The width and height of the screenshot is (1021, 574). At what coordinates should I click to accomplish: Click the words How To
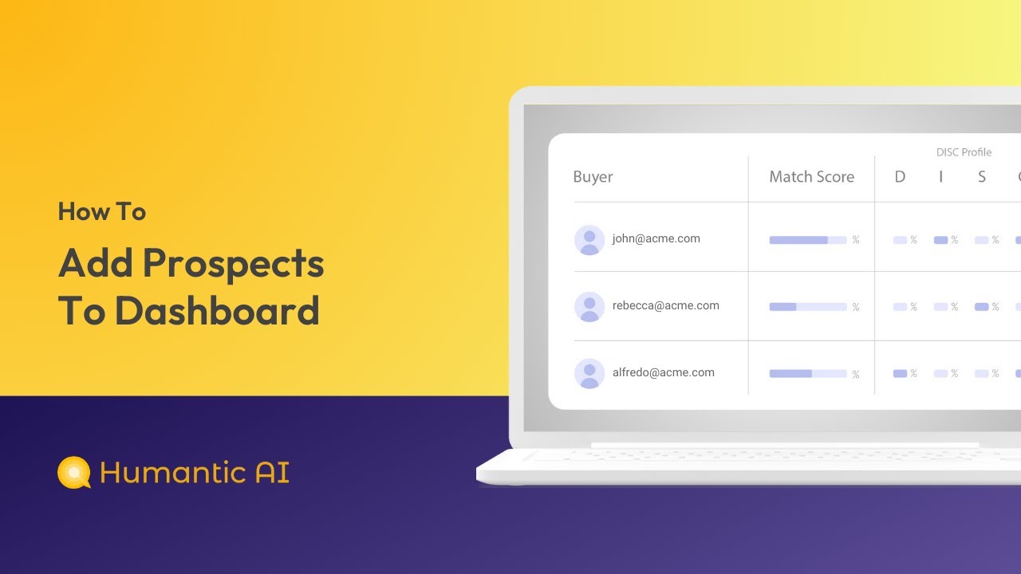point(101,211)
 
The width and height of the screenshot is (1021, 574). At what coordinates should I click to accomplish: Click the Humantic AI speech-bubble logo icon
point(74,472)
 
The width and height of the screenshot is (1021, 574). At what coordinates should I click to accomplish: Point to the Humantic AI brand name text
point(194,472)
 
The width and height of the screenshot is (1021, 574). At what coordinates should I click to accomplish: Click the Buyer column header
point(593,177)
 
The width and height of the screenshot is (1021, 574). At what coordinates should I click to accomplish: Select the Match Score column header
point(811,177)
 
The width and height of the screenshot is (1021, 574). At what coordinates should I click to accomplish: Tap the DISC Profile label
point(964,152)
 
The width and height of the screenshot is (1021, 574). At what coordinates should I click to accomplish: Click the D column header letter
point(900,177)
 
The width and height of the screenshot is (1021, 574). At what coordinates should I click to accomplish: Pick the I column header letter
point(940,177)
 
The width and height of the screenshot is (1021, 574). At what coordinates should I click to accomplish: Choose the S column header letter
point(982,177)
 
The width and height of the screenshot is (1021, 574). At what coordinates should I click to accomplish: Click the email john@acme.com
point(656,238)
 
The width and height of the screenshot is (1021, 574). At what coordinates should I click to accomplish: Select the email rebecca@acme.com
point(665,305)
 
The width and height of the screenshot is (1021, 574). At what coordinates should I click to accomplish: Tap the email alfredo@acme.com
point(663,372)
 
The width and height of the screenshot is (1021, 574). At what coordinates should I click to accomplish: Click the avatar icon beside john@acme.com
point(589,240)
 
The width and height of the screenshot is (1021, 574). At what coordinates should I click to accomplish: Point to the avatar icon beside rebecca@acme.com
point(589,307)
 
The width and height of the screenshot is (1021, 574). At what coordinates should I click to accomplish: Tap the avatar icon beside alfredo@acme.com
point(589,374)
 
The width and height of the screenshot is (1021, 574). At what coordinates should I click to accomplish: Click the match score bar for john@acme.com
point(807,240)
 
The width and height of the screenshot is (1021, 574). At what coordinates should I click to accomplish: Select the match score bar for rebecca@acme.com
point(807,307)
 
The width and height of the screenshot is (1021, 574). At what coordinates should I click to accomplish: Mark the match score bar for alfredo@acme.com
point(807,373)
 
